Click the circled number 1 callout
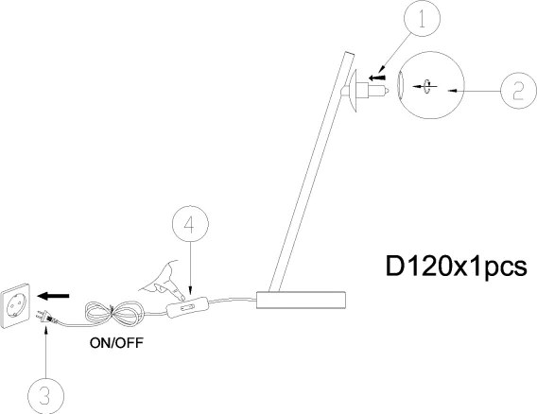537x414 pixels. pos(422,18)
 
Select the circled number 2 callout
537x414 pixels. pos(518,91)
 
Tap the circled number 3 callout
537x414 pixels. pos(45,396)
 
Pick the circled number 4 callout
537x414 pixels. pos(190,224)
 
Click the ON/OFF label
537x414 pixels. pos(116,343)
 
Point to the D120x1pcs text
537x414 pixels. pos(457,267)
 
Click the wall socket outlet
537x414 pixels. pos(15,306)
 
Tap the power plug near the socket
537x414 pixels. pos(45,317)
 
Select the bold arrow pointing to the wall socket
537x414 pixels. pos(54,296)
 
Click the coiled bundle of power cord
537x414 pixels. pos(114,313)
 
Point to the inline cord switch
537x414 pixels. pos(187,307)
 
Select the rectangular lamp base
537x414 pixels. pos(301,300)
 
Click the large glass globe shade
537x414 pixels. pos(431,85)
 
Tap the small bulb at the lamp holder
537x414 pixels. pos(378,91)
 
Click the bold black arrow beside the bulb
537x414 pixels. pos(376,78)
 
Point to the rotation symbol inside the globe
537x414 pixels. pos(427,86)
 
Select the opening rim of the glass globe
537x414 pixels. pos(400,86)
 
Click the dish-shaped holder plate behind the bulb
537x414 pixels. pos(354,91)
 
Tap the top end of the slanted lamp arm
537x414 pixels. pos(349,53)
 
